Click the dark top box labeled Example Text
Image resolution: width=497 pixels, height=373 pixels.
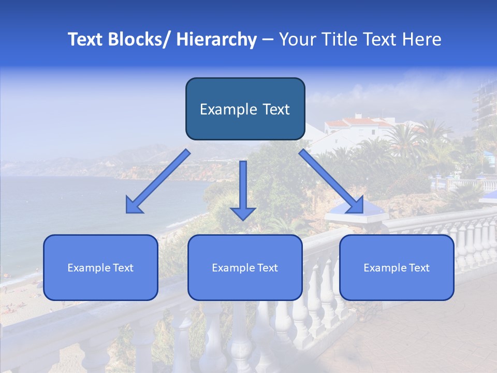click(x=245, y=109)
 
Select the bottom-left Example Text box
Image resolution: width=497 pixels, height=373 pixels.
click(x=100, y=267)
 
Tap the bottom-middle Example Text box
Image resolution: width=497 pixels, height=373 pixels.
click(x=245, y=267)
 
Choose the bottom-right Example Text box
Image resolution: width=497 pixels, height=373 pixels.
click(x=397, y=267)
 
